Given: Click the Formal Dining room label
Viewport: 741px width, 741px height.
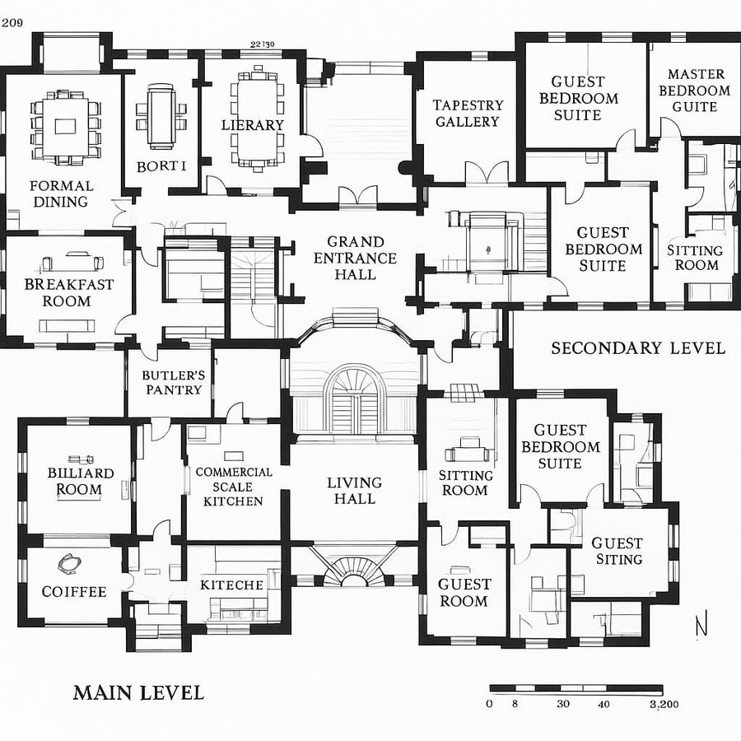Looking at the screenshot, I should pyautogui.click(x=62, y=193).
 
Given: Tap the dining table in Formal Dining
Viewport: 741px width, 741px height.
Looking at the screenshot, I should pyautogui.click(x=64, y=126).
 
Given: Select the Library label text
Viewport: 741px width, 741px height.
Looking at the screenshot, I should pyautogui.click(x=253, y=125).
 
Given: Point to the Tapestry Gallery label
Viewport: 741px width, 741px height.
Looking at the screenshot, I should pyautogui.click(x=468, y=114).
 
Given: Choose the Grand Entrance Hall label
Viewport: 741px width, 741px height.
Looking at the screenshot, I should pyautogui.click(x=355, y=258).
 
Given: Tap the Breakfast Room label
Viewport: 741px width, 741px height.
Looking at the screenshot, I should pyautogui.click(x=68, y=292).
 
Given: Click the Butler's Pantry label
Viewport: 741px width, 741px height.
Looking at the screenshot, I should pyautogui.click(x=173, y=382).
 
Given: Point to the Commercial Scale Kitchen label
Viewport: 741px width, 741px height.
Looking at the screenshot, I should pyautogui.click(x=234, y=487).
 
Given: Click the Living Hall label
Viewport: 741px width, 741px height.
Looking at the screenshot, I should pyautogui.click(x=354, y=491).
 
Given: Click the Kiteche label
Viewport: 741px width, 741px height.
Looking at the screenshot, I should pyautogui.click(x=231, y=585).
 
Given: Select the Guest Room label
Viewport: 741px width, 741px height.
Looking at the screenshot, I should pyautogui.click(x=464, y=593).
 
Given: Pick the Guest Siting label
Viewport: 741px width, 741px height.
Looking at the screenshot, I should pyautogui.click(x=617, y=551).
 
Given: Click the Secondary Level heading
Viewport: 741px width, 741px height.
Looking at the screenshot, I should pyautogui.click(x=638, y=348).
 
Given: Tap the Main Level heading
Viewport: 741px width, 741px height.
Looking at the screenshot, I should pyautogui.click(x=138, y=692).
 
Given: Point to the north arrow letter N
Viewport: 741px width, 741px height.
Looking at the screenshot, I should pyautogui.click(x=701, y=627).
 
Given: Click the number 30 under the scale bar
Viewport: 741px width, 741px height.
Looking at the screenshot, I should pyautogui.click(x=563, y=704).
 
